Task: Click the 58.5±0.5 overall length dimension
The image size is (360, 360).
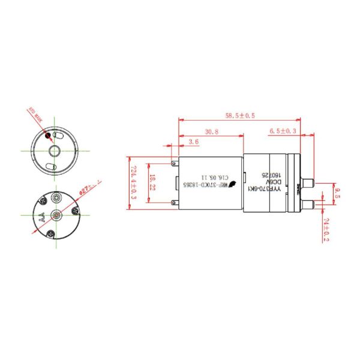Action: tap(240, 115)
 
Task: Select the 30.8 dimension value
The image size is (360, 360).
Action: tap(211, 131)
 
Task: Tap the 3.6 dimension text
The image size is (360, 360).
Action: tap(193, 142)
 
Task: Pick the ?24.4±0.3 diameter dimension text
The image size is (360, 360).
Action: tap(134, 182)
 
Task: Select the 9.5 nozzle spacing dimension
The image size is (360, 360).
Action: tap(337, 193)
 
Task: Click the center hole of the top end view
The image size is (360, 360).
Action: tap(56, 150)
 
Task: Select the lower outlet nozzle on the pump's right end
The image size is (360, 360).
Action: tap(310, 204)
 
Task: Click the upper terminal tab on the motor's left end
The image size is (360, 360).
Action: tap(174, 162)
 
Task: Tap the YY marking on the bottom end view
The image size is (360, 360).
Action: tap(42, 217)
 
